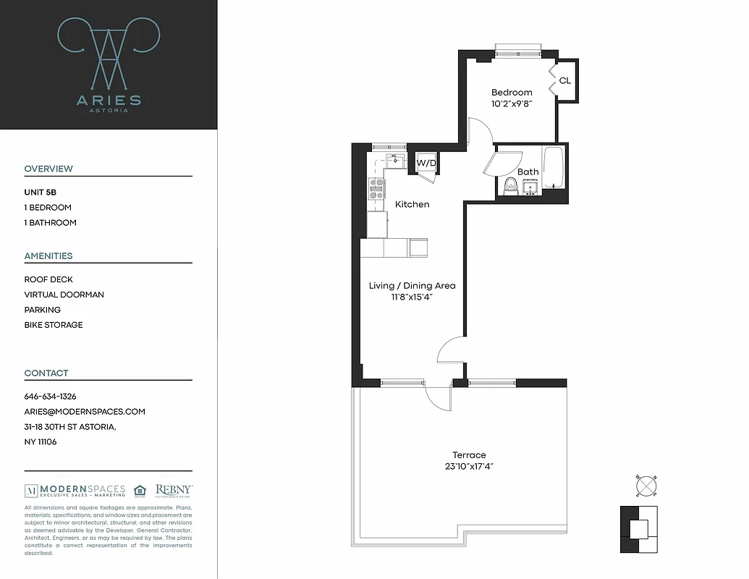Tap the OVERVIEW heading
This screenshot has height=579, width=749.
click(x=48, y=169)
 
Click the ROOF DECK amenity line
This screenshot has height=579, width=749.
click(x=48, y=279)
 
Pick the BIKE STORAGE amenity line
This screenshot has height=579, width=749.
click(x=54, y=325)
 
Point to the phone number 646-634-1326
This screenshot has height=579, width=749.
click(x=50, y=397)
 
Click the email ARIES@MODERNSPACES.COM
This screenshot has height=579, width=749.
click(x=85, y=412)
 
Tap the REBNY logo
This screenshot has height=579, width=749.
click(x=174, y=490)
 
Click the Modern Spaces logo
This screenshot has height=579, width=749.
click(x=75, y=491)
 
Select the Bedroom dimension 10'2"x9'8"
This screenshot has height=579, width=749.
click(x=512, y=103)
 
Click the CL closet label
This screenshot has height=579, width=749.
click(x=565, y=81)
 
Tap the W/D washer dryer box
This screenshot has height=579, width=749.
click(x=426, y=163)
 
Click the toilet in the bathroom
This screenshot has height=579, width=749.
click(x=510, y=186)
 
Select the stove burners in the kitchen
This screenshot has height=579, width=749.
click(x=377, y=189)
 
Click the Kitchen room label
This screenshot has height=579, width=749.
click(x=412, y=205)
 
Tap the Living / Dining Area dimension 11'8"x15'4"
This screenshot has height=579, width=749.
click(x=412, y=297)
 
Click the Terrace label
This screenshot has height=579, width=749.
click(x=469, y=455)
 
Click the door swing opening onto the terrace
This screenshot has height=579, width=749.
click(x=438, y=397)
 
